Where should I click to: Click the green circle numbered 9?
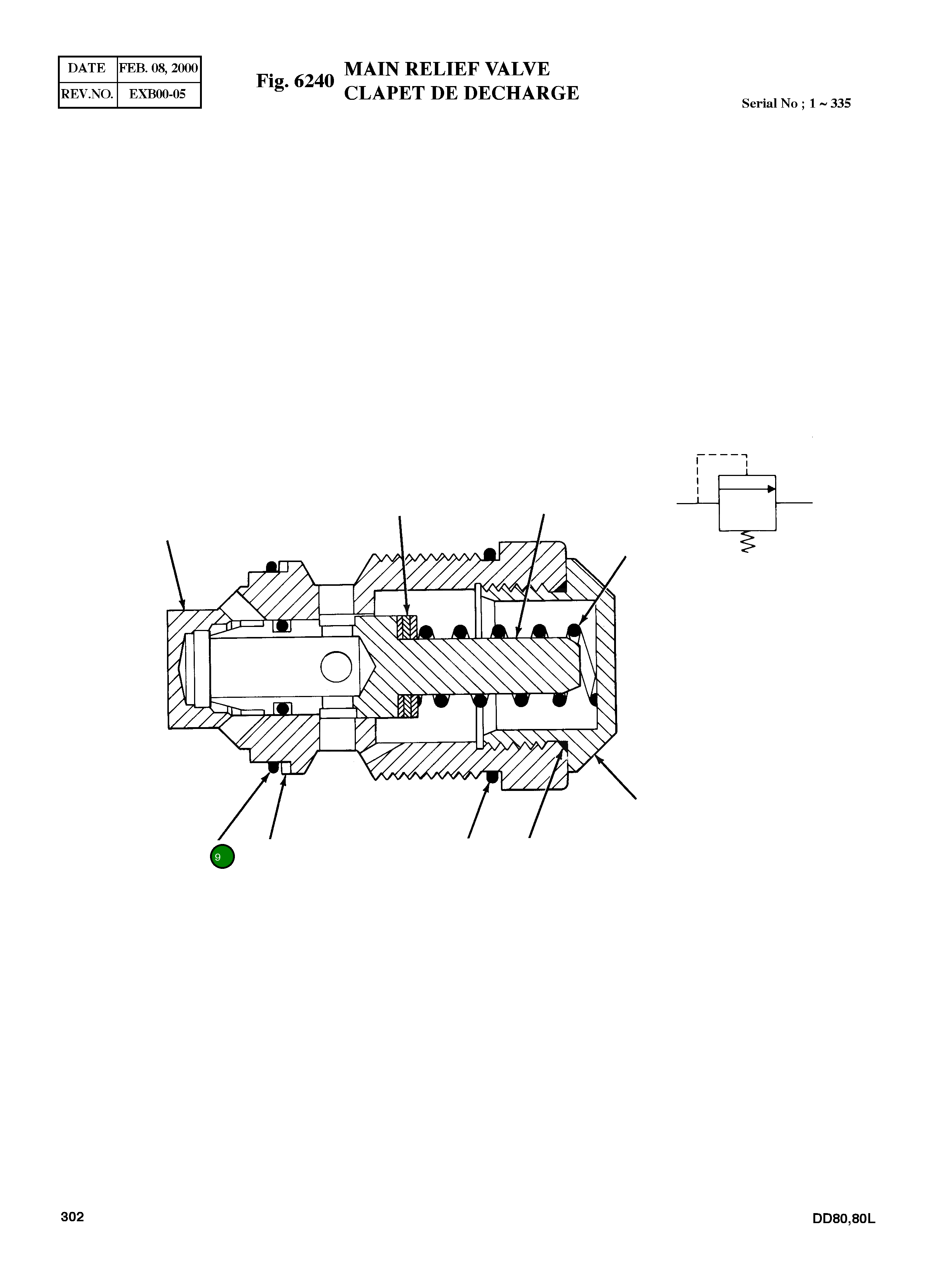[222, 857]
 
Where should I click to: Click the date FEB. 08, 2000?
[158, 68]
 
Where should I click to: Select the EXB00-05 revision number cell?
[158, 94]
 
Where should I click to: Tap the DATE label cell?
[87, 68]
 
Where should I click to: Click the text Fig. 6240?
[295, 81]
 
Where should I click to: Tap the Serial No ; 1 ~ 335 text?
[796, 104]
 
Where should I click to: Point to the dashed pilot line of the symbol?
[722, 455]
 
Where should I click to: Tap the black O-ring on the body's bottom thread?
[492, 776]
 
